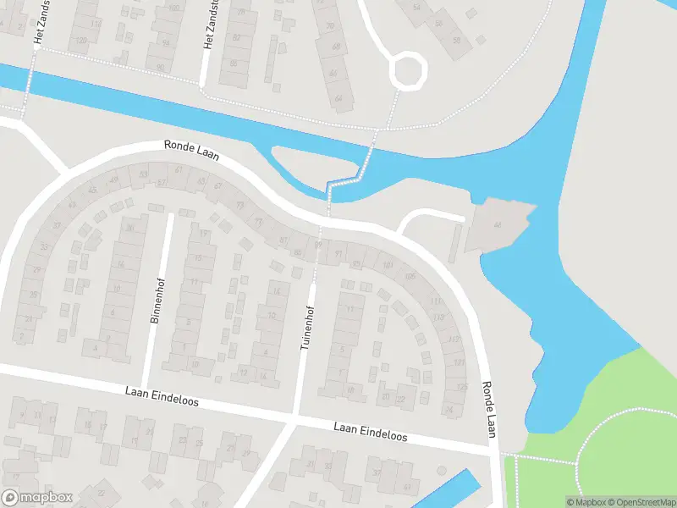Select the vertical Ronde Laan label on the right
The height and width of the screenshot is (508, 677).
[488, 409]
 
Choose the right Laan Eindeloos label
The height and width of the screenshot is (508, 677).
[370, 432]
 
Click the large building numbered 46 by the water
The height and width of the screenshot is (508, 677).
[498, 225]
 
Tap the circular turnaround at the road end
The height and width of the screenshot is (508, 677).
[407, 70]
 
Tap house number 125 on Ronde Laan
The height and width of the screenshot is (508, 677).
[461, 387]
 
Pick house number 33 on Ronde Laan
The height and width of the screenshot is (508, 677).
[57, 225]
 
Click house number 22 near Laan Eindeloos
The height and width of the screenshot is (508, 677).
[400, 398]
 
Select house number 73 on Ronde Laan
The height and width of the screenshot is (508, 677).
[239, 205]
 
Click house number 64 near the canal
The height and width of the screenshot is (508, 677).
[338, 98]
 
